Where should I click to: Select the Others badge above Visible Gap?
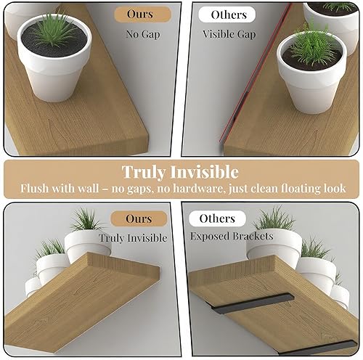(x=228, y=15)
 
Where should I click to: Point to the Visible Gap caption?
(x=228, y=33)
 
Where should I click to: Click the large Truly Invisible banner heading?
(x=179, y=172)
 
